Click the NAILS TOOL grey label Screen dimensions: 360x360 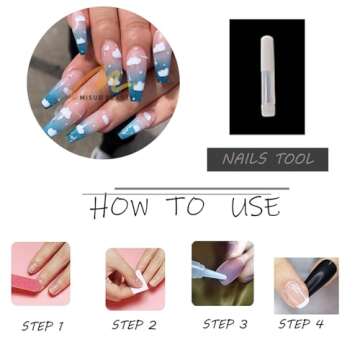[268, 159]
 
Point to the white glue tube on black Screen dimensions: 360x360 [267, 76]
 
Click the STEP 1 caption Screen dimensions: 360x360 [42, 325]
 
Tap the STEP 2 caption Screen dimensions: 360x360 [134, 325]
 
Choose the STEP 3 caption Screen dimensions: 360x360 [224, 324]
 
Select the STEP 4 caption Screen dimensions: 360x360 [301, 324]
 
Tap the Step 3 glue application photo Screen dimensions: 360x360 [222, 273]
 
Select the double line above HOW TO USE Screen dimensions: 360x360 [185, 190]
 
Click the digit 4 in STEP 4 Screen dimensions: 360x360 [319, 324]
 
